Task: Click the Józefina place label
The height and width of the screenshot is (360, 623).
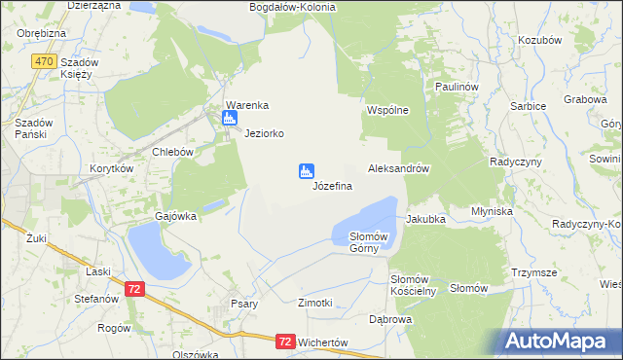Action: pyautogui.click(x=332, y=185)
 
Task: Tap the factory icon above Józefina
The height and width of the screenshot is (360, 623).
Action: pyautogui.click(x=306, y=171)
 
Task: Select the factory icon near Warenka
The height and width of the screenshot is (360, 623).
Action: pyautogui.click(x=230, y=120)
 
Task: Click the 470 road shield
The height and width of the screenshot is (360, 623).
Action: pyautogui.click(x=42, y=60)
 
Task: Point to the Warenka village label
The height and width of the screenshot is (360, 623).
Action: pyautogui.click(x=246, y=105)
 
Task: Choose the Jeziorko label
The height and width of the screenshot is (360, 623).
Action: pyautogui.click(x=264, y=133)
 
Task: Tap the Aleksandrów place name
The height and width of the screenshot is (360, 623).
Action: pyautogui.click(x=398, y=168)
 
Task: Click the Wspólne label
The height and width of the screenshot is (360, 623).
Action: pyautogui.click(x=386, y=111)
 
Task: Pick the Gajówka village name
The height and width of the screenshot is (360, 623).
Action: pyautogui.click(x=176, y=216)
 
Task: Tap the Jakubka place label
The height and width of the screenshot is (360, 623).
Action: pyautogui.click(x=425, y=219)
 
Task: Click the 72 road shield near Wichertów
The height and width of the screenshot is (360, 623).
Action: pyautogui.click(x=284, y=342)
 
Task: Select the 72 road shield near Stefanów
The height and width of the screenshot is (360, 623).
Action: pyautogui.click(x=135, y=289)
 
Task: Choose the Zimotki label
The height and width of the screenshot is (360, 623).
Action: pyautogui.click(x=315, y=304)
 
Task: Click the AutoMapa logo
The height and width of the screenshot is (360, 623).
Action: pyautogui.click(x=559, y=341)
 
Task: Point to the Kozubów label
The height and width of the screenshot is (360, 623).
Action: pyautogui.click(x=541, y=40)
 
